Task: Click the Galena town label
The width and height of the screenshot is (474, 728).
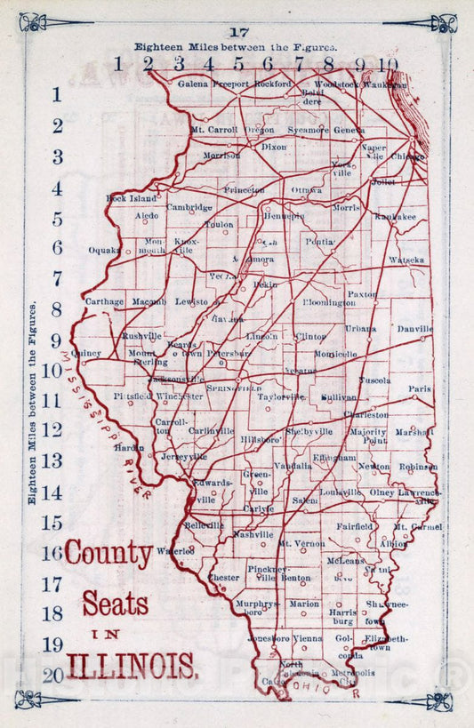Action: point(193,84)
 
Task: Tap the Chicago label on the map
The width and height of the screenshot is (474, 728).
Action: point(408,156)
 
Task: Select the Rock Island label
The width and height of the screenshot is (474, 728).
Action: point(131,198)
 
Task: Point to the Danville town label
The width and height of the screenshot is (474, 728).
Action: point(414,329)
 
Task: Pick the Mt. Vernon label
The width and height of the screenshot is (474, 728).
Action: point(301,542)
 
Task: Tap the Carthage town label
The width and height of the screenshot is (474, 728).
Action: point(104,301)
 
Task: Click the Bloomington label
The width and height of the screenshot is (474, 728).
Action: point(328,303)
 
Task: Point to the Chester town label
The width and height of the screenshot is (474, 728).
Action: point(223,577)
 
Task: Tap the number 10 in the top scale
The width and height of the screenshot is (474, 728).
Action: point(388,63)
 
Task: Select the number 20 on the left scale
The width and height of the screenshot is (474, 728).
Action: point(52,675)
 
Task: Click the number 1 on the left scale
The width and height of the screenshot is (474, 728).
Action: point(57,94)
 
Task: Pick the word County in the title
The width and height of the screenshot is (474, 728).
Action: point(108,556)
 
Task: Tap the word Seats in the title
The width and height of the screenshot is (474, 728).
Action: point(116,604)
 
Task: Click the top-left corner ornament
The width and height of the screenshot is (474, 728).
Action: point(34,21)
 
